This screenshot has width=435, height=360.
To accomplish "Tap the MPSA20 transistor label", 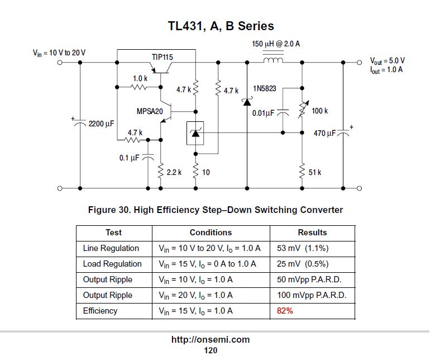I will (x=150, y=112).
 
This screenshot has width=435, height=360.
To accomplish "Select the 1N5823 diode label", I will (x=265, y=89).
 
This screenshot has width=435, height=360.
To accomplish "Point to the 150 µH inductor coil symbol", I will (x=273, y=59).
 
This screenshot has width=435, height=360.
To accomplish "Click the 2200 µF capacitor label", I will (x=101, y=123).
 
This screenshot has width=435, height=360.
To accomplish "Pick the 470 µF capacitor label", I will (x=324, y=134).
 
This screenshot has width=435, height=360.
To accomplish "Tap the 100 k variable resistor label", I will (x=320, y=111).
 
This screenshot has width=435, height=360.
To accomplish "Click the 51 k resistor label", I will (x=315, y=173).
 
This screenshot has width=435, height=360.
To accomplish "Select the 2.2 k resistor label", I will (x=174, y=173).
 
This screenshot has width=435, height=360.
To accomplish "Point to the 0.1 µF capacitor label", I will (x=129, y=158).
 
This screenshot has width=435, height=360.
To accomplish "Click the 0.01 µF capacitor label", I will (x=263, y=113).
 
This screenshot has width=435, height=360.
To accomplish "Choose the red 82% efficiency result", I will (x=285, y=311).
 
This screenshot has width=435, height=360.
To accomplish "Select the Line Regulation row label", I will (x=111, y=248).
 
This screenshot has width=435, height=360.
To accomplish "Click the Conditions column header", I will (x=211, y=233).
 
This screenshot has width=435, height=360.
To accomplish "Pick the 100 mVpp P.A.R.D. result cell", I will (x=312, y=295).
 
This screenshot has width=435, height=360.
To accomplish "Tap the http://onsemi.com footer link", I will (x=210, y=339).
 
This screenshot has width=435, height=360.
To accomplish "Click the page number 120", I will (x=211, y=350).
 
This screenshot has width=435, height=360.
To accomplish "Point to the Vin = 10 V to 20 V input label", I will (x=59, y=53).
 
